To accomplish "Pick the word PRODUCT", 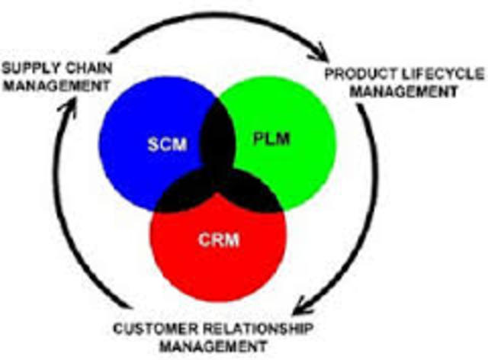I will pyautogui.click(x=360, y=75).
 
